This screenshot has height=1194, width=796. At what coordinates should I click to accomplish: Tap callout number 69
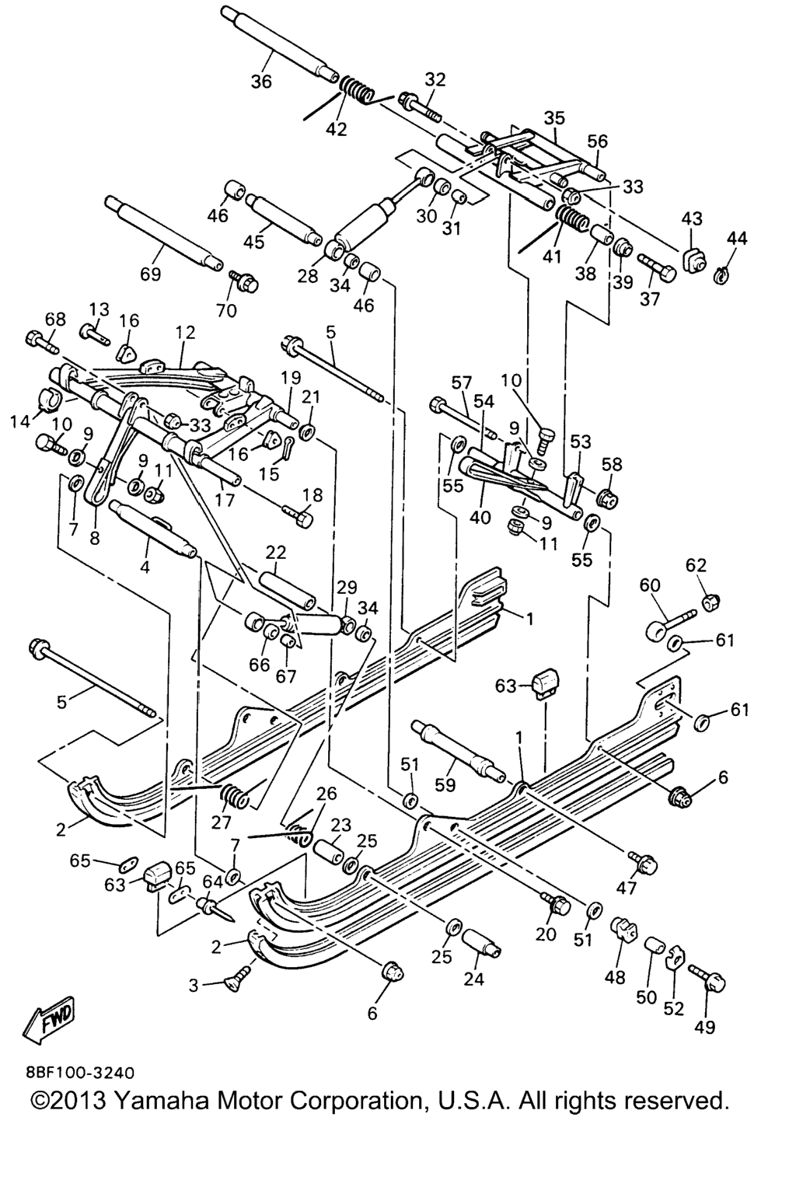tap(150, 274)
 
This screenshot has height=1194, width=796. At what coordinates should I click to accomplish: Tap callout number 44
tap(738, 239)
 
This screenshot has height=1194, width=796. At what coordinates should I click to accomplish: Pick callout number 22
tap(276, 552)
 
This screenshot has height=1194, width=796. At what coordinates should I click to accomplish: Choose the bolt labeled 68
tap(40, 340)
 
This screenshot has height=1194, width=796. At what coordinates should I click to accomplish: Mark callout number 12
tap(185, 332)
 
